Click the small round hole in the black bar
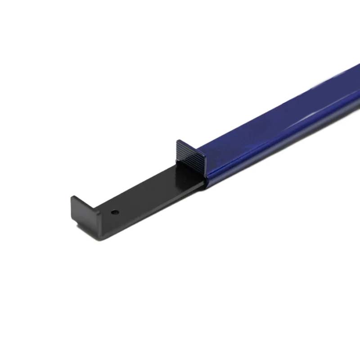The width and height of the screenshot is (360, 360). (115, 211)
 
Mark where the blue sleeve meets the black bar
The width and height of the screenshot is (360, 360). (205, 180)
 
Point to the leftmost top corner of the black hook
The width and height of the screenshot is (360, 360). (72, 198)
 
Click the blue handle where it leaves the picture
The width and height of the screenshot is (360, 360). (355, 90)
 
